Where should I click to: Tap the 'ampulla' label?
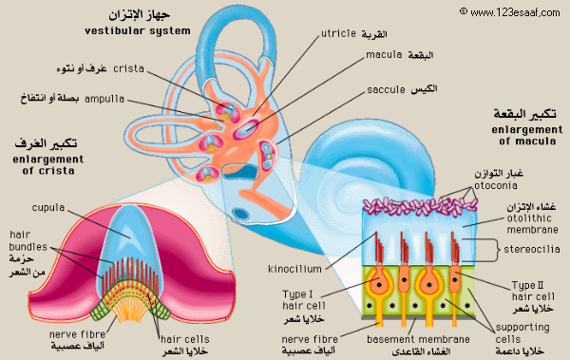(105, 97)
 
